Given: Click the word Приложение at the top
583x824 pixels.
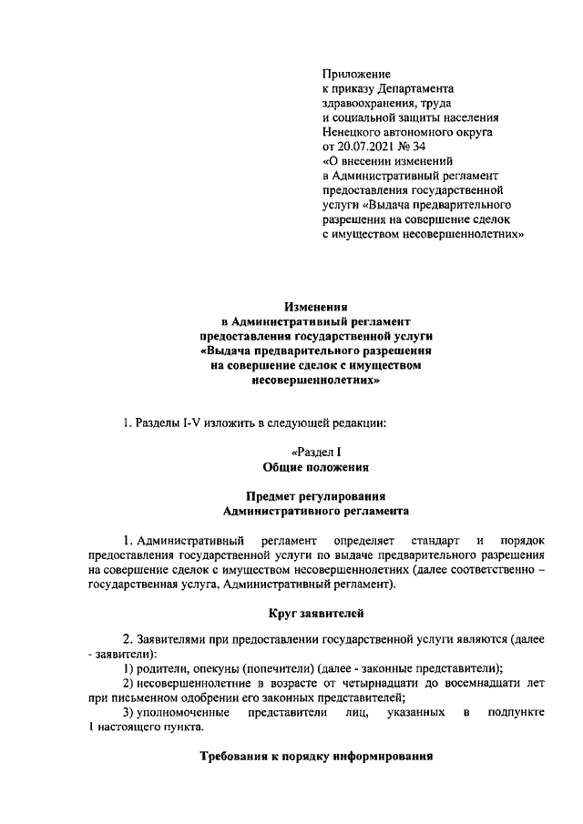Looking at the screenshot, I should tap(356, 73).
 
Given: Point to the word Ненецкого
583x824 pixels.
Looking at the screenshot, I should tap(353, 131).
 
